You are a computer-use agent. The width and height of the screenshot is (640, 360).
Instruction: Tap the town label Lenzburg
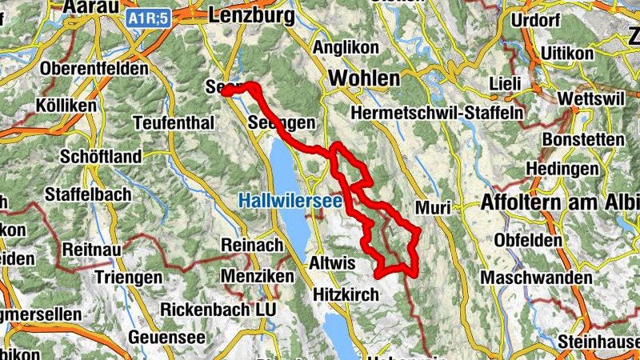click(248, 14)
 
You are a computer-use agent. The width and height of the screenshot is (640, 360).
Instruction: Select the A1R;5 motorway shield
click(148, 16)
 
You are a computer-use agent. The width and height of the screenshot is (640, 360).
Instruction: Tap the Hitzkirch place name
click(346, 295)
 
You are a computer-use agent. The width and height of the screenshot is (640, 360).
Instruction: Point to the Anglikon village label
click(346, 48)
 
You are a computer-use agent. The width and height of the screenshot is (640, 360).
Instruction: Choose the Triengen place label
click(129, 277)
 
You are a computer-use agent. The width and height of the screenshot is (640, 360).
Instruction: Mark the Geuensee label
click(166, 337)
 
